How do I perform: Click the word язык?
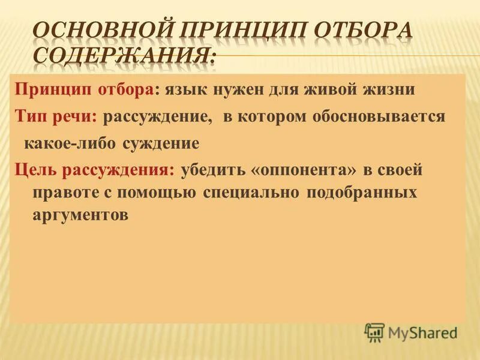click(x=184, y=91)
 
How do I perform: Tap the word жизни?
click(x=389, y=91)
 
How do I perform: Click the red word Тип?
click(x=29, y=116)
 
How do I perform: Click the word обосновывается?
click(x=379, y=116)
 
